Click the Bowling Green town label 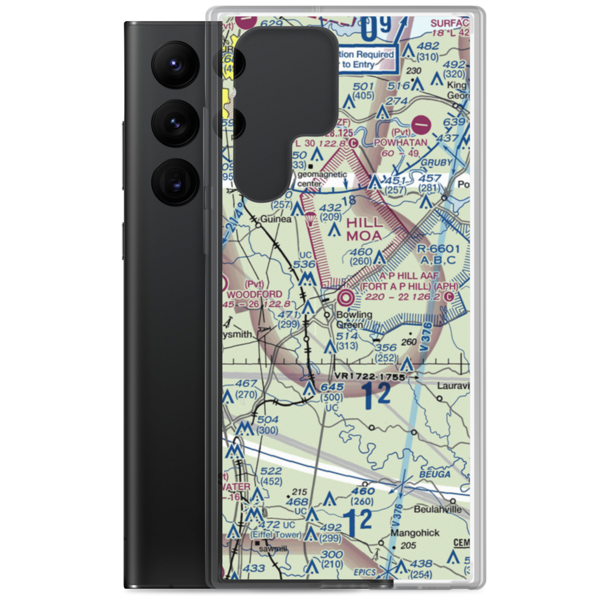(356, 319)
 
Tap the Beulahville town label (441, 509)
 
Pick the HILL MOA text (364, 229)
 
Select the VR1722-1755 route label (369, 377)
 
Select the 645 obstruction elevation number (333, 387)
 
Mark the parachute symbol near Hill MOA (310, 218)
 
